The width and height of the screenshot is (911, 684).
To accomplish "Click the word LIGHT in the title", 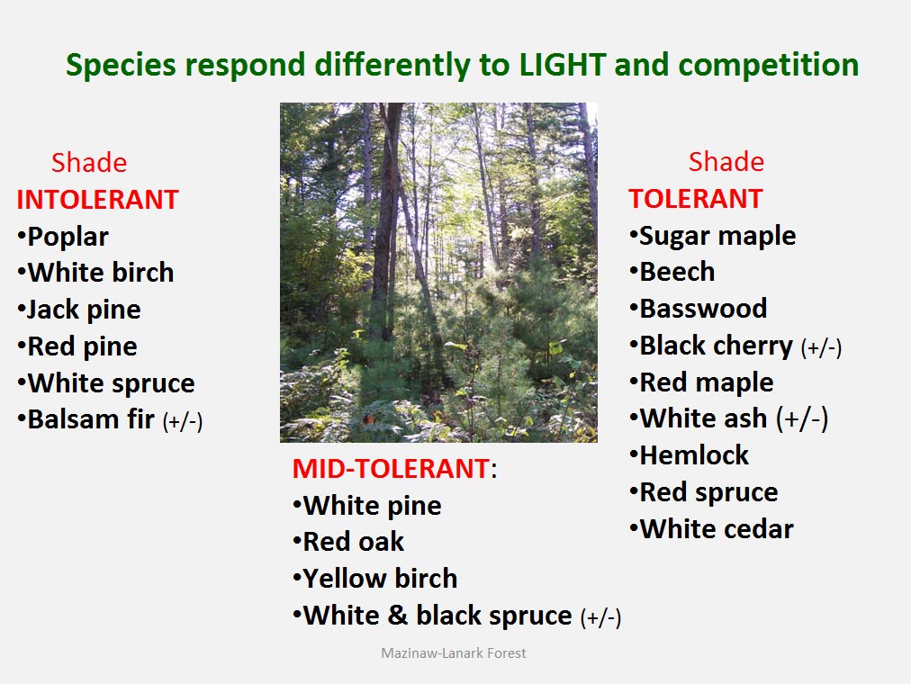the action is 563,65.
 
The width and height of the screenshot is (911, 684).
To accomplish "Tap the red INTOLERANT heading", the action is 97,200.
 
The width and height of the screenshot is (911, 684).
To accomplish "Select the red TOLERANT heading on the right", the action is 696,199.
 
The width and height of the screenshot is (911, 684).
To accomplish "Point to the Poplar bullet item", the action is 63,237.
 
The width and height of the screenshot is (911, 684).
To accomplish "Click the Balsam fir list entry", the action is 110,419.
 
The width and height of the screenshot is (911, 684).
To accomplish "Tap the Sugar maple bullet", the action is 713,237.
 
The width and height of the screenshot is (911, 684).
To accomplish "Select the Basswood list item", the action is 699,309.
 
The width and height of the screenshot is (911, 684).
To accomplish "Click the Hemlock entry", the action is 690,455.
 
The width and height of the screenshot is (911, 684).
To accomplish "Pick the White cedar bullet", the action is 712,529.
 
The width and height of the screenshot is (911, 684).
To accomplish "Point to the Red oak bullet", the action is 348,542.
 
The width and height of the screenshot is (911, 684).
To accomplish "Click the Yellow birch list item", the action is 375,579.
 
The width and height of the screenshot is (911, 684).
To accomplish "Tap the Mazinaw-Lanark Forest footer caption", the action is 453,653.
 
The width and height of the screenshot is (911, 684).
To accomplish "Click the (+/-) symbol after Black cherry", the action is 821,347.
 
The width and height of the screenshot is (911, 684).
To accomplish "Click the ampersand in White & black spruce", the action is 397,616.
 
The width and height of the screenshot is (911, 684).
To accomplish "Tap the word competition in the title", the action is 769,65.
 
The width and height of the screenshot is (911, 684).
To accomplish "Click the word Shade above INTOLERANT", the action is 89,163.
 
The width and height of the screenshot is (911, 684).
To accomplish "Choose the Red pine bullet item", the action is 77,346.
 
